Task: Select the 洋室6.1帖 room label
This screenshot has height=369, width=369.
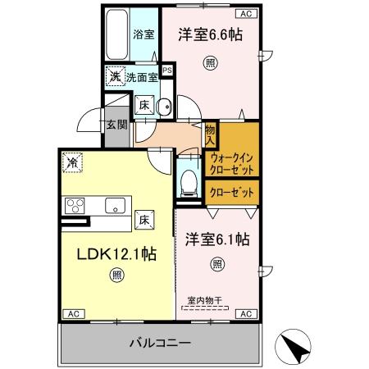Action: [216, 239]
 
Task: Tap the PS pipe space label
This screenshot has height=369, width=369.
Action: [167, 71]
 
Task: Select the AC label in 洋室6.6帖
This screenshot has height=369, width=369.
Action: [246, 13]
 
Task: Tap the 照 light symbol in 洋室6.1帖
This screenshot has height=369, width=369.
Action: [217, 264]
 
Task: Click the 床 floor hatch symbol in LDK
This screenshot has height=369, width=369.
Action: [143, 219]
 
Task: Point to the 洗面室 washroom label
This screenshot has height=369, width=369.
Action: [142, 77]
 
